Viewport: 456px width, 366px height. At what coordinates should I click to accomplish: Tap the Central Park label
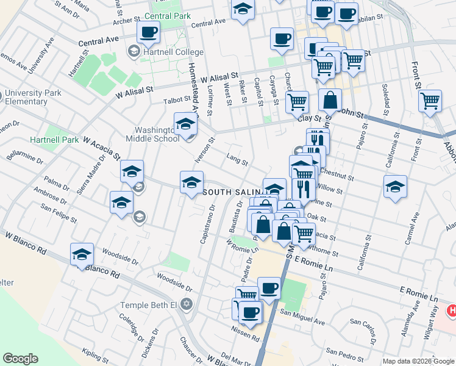[x=165, y=15]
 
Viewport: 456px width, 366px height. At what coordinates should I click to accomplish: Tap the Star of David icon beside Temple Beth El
[x=187, y=304]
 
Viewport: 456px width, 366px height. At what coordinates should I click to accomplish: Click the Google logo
[x=21, y=359]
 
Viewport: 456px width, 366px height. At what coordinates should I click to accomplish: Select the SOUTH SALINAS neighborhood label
[x=232, y=192]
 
